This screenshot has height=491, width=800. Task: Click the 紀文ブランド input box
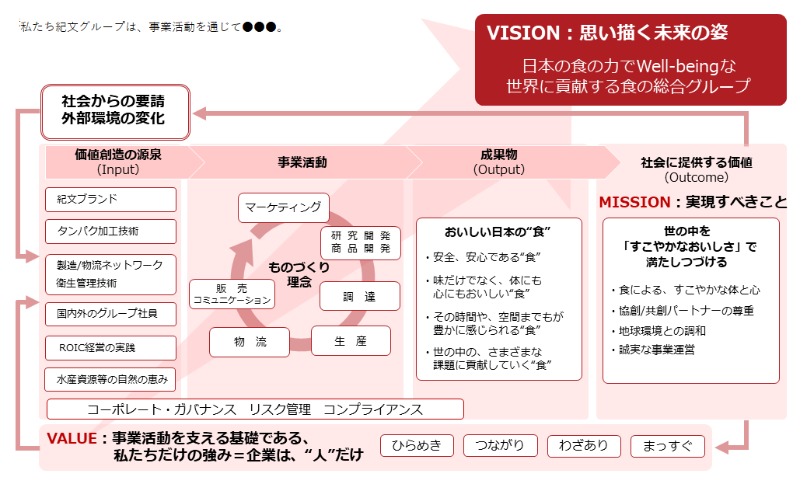[x=110, y=200]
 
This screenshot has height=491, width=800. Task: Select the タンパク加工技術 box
[x=110, y=232]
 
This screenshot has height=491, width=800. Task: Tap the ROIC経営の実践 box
[x=110, y=348]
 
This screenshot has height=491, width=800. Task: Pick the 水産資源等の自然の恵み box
[x=110, y=379]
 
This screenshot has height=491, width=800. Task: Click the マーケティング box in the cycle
[x=284, y=207]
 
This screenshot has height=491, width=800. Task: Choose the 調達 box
[x=360, y=296]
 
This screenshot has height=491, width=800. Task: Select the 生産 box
[x=351, y=340]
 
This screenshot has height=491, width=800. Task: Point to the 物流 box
[x=250, y=342]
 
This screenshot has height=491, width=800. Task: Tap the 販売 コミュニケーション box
[x=232, y=294]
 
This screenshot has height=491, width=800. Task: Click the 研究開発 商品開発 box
[x=361, y=242]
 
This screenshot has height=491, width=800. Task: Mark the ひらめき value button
[x=417, y=446]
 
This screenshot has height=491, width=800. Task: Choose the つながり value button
[x=501, y=446]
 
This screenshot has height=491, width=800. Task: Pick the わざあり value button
[x=584, y=446]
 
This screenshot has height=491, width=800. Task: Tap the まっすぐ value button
[x=668, y=446]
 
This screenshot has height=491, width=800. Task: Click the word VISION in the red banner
[x=523, y=33]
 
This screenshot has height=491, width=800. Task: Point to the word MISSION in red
[x=634, y=203]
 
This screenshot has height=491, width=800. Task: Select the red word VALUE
[x=72, y=438]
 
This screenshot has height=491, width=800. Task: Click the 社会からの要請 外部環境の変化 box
[x=115, y=112]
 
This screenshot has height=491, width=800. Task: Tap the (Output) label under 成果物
[x=499, y=170]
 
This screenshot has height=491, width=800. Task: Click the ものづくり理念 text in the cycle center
[x=299, y=274]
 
